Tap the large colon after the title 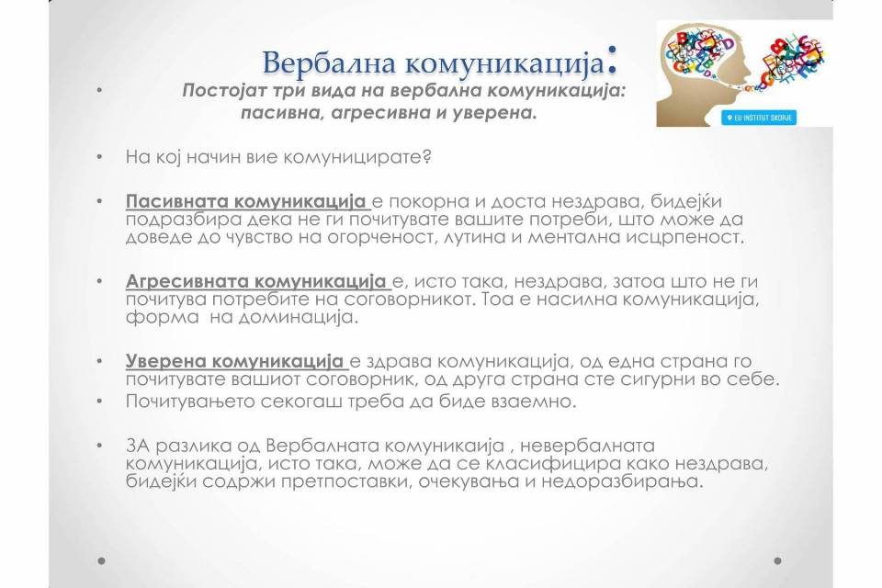(x=612, y=59)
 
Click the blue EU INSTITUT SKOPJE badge (x=759, y=118)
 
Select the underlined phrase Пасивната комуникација (x=246, y=201)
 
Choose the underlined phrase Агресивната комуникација (x=256, y=281)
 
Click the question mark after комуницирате (x=427, y=156)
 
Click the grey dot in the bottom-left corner (x=101, y=561)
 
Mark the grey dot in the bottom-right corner (x=778, y=561)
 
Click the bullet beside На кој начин (x=100, y=157)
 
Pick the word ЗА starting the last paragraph (x=138, y=446)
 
